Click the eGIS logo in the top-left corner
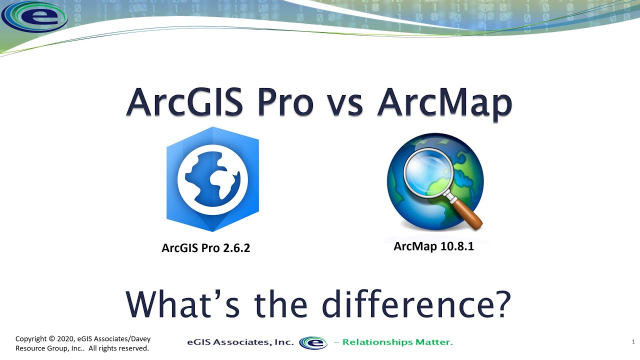point(34,16)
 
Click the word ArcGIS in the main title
point(184,102)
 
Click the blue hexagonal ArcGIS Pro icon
point(212,179)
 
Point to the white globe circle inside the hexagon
point(212,179)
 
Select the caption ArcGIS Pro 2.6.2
point(205,247)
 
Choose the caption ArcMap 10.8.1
point(433,246)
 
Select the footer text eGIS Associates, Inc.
point(240,342)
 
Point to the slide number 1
point(633,342)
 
